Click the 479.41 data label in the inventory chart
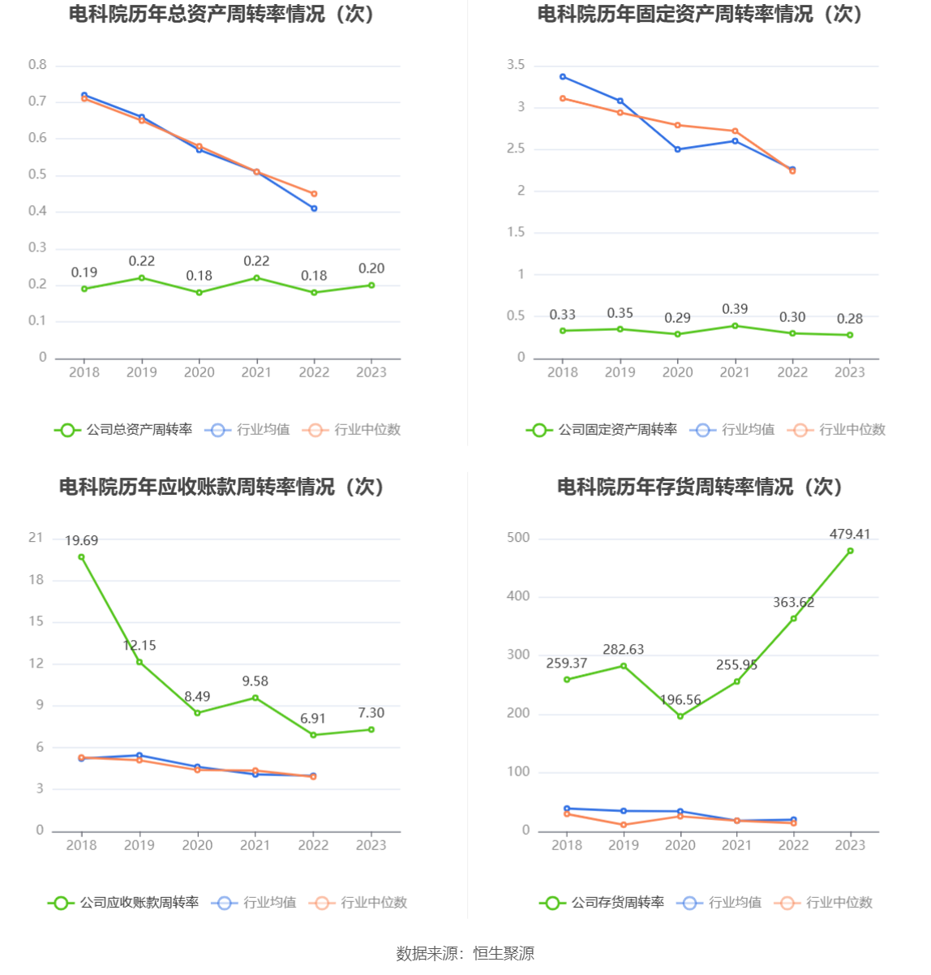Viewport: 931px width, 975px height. (849, 534)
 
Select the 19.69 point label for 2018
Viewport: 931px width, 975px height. (81, 540)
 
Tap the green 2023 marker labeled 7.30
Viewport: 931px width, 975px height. (371, 729)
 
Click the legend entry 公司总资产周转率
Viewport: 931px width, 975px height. (123, 430)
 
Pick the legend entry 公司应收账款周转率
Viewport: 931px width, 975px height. (123, 903)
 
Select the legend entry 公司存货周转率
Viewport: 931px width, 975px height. (602, 903)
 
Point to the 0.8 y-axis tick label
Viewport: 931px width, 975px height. (37, 65)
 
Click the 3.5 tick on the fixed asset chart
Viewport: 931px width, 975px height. (516, 65)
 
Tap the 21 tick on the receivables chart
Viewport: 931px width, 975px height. (36, 538)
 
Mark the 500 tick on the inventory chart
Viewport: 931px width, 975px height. (518, 538)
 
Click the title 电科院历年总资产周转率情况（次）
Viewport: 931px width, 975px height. (221, 15)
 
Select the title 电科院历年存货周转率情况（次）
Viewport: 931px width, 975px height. (700, 487)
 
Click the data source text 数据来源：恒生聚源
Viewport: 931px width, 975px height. (465, 953)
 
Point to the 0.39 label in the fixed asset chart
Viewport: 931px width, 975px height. (735, 309)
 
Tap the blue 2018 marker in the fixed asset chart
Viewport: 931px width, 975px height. (563, 77)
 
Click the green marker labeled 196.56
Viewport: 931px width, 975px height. (680, 716)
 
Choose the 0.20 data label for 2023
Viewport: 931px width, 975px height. (371, 268)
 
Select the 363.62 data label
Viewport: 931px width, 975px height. (793, 602)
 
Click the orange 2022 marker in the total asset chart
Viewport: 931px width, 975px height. (314, 194)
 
